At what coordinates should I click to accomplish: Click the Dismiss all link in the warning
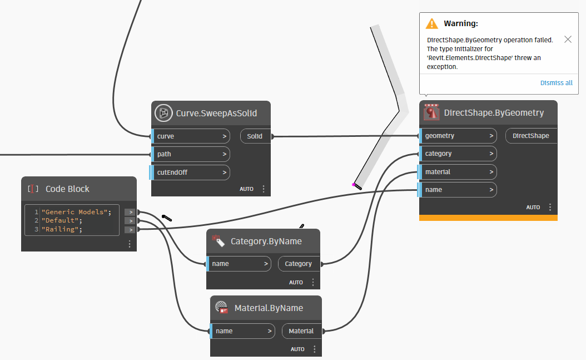coord(556,83)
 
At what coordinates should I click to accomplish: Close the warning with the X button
coord(568,40)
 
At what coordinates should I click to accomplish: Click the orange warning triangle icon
coord(431,23)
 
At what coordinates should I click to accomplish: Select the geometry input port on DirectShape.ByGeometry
coord(458,136)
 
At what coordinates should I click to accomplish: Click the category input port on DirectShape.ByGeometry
coord(458,154)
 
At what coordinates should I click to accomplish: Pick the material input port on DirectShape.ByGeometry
coord(458,172)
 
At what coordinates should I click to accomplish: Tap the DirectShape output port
coord(531,136)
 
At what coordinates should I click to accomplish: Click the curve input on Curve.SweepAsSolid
coord(190,136)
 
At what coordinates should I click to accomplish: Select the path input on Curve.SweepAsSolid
coord(190,154)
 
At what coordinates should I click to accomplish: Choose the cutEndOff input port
coord(190,172)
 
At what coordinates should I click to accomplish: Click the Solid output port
coord(255,136)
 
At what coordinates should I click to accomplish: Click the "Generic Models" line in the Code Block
coord(76,212)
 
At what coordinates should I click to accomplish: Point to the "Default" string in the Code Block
coord(60,220)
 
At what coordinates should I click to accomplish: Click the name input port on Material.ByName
coord(243,331)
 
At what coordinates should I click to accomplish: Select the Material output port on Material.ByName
coord(301,331)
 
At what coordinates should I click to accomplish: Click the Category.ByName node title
coord(266,241)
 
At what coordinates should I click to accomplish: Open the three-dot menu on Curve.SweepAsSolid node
coord(264,189)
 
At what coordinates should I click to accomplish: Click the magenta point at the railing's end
coord(353,185)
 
